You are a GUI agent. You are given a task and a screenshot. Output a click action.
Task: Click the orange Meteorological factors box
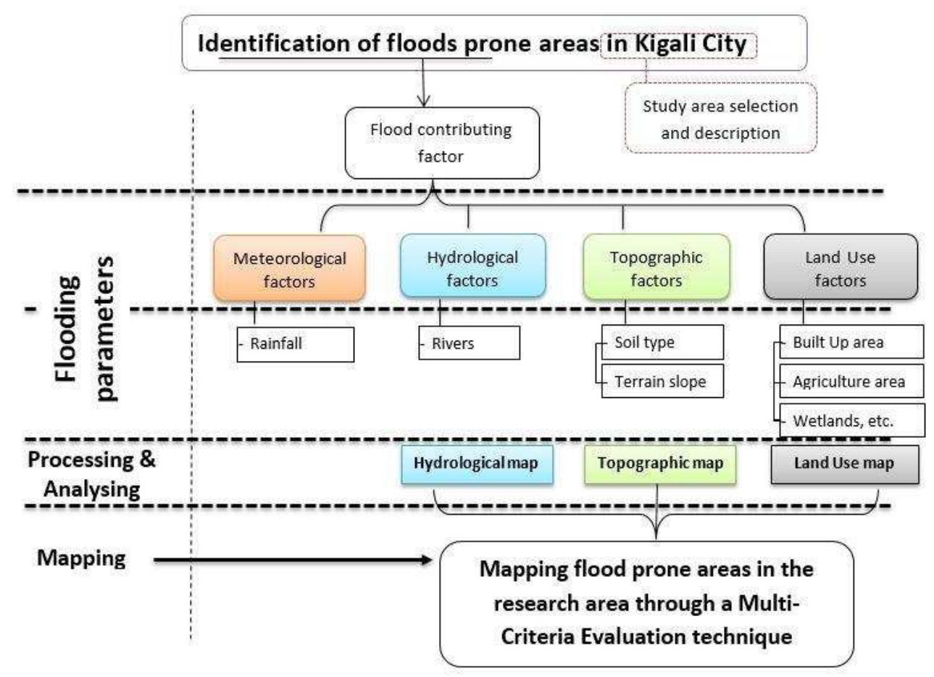289,268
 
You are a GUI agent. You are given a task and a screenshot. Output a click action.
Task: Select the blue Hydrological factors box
472,267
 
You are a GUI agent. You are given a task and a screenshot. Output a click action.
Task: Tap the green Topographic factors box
656,267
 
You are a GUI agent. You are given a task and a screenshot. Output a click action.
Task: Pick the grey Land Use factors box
841,267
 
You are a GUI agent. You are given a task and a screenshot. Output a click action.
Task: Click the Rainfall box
296,344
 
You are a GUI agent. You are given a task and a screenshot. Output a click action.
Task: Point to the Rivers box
470,344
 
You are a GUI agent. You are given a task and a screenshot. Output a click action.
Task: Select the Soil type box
662,342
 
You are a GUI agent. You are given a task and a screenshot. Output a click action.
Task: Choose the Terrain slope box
662,381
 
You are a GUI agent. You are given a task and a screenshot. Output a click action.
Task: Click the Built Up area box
851,342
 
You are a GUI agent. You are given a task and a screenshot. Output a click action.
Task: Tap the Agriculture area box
851,381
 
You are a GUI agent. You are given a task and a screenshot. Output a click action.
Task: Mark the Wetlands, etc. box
851,420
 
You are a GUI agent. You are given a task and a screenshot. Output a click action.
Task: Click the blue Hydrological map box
476,464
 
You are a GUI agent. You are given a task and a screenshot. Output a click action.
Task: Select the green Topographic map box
660,464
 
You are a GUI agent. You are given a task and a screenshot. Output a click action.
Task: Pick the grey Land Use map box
844,464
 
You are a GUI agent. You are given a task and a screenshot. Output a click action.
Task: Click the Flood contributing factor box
441,143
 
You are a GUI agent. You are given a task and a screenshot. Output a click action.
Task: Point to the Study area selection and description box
720,119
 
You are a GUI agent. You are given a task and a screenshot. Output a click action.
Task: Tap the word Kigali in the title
664,43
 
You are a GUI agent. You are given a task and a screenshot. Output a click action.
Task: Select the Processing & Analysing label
91,474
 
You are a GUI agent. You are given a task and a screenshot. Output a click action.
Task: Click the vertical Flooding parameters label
86,328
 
